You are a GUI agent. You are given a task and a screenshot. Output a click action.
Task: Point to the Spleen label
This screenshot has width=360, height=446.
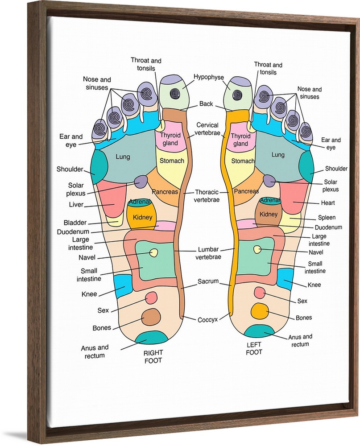click(327, 218)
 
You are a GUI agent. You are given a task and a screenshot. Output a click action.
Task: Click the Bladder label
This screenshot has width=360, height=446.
click(75, 223)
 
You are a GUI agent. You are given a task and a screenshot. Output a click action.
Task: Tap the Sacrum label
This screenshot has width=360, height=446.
click(208, 281)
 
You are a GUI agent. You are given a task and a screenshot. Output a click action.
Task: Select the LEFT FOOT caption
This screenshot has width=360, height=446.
click(254, 348)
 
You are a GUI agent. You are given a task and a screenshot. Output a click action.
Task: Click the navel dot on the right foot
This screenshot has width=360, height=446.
click(154, 253)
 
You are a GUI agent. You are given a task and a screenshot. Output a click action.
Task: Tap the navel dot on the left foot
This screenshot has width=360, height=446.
click(257, 249)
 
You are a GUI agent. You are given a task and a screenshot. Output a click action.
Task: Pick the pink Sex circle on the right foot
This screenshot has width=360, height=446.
click(151, 297)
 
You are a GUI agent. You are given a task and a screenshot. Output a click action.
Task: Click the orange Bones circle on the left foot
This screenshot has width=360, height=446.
click(259, 310)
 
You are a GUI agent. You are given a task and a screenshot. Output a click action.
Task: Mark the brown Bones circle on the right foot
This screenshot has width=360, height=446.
click(151, 317)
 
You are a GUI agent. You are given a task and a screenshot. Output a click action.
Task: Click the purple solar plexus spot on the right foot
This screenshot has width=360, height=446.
click(141, 182)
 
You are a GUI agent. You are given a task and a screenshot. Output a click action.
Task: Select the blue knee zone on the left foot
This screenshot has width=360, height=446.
click(285, 279)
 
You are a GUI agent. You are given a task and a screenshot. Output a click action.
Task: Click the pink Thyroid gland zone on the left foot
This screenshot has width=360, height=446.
click(240, 140)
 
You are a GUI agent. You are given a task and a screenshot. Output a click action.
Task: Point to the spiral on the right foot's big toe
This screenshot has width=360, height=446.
click(175, 94)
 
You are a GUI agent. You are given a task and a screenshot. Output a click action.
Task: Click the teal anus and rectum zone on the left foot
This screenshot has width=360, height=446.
click(258, 331)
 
